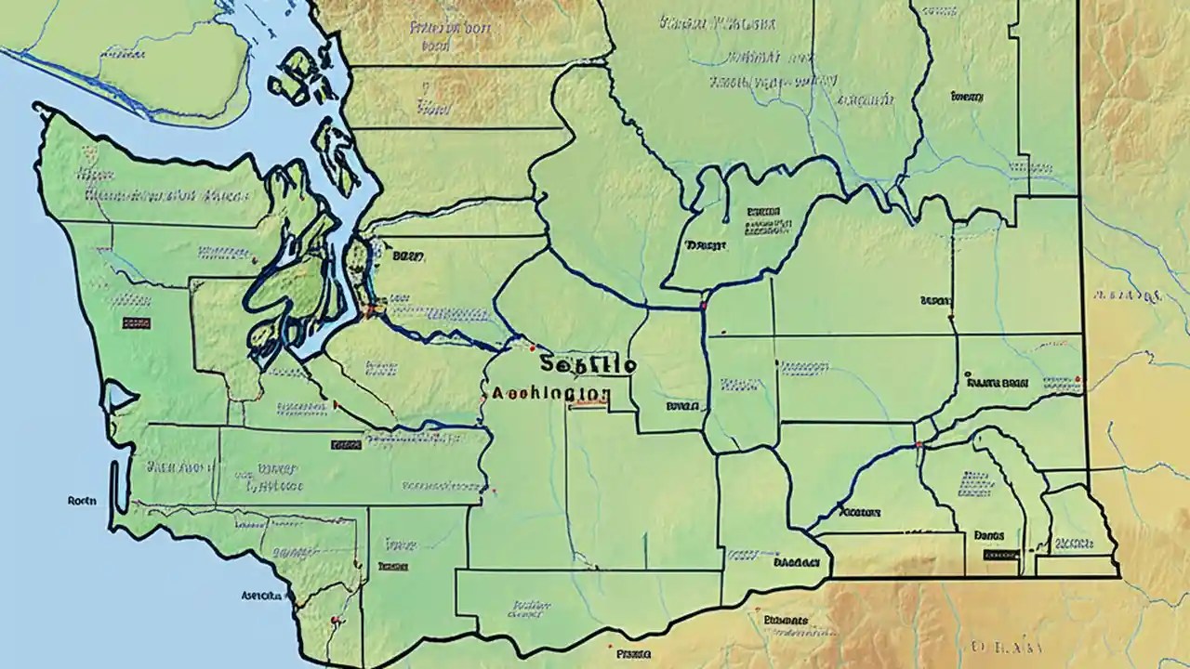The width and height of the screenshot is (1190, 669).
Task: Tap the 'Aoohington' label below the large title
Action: click(x=550, y=394)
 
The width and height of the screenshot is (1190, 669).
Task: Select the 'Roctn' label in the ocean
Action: click(x=84, y=500)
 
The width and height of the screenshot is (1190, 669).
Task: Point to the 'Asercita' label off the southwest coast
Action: click(x=261, y=595)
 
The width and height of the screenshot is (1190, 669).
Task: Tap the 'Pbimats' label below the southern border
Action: click(x=786, y=620)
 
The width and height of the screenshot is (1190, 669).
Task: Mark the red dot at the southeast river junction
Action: click(x=919, y=445)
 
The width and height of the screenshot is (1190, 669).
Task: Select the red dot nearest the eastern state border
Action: click(x=1078, y=378)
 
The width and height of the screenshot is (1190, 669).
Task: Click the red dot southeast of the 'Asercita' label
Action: click(x=334, y=620)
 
